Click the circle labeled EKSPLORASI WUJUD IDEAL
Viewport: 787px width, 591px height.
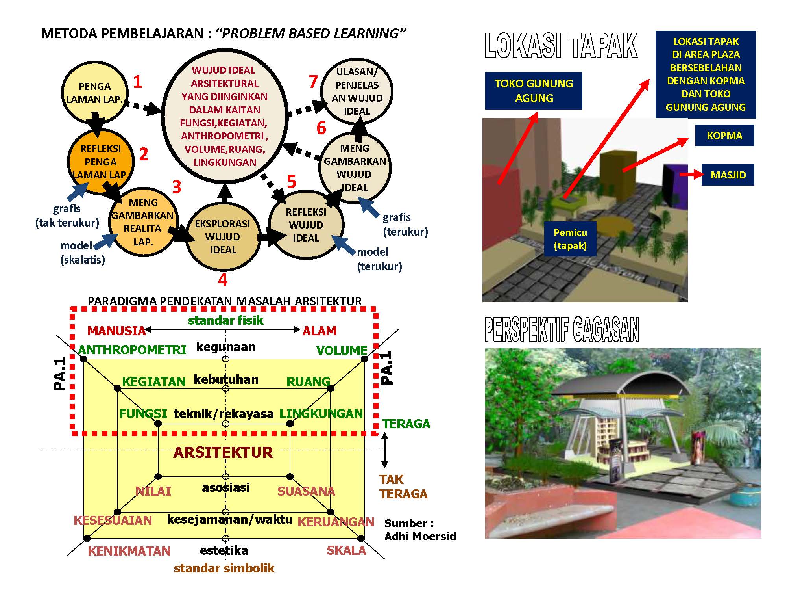[223, 237]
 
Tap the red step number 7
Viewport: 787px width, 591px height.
[313, 82]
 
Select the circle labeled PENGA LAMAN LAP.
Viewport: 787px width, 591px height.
[94, 93]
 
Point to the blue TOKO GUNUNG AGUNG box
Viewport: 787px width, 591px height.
[534, 91]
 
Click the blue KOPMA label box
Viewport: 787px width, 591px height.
[724, 136]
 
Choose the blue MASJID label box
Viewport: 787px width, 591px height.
[728, 175]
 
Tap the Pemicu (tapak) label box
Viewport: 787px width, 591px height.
[570, 239]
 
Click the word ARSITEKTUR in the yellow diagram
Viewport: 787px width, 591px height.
[223, 452]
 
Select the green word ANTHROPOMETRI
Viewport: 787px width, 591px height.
[132, 349]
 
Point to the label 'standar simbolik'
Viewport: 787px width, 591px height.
[224, 568]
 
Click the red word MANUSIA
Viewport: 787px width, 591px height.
[116, 331]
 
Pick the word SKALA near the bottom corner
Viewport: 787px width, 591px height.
[346, 550]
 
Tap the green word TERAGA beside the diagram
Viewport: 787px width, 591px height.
[406, 424]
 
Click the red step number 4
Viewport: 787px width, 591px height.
[223, 280]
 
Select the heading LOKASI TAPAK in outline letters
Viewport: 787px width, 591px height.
[561, 46]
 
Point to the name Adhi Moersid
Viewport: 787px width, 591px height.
[420, 536]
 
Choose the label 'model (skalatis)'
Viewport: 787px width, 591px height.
[82, 253]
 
